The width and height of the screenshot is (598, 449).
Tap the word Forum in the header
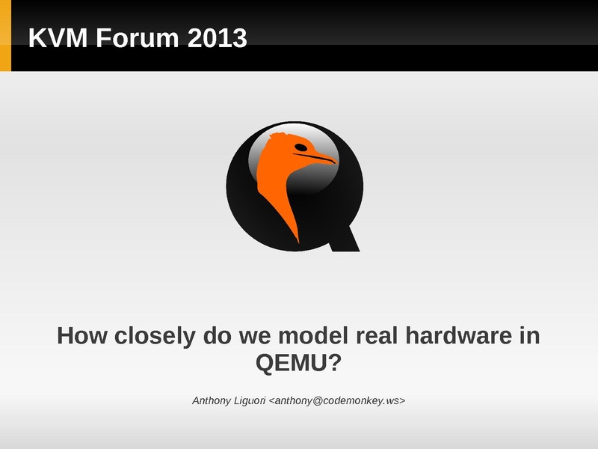click(138, 38)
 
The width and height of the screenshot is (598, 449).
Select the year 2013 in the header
click(218, 38)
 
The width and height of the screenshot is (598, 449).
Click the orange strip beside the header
click(5, 35)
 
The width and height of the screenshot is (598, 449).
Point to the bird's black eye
click(300, 147)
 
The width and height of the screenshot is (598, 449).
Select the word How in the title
click(81, 335)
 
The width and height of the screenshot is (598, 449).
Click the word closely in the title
click(155, 336)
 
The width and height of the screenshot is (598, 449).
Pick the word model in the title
click(313, 335)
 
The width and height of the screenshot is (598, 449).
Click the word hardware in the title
click(458, 335)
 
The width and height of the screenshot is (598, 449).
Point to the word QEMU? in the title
click(298, 362)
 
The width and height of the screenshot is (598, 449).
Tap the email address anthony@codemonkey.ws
click(337, 400)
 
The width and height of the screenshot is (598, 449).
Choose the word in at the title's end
click(530, 335)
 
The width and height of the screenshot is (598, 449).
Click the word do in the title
click(218, 335)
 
